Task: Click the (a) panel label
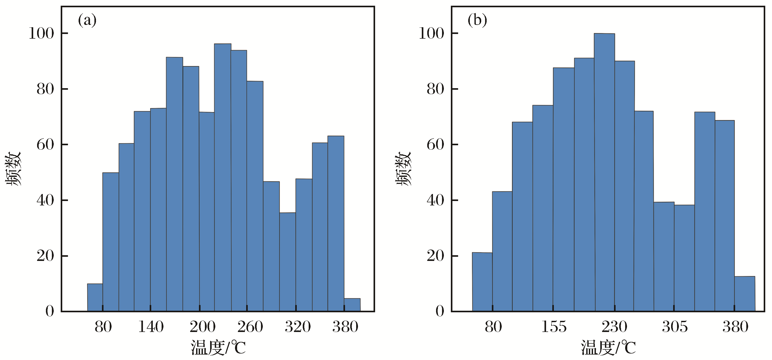(x=87, y=21)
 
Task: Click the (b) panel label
(x=477, y=21)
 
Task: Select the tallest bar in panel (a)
(x=223, y=177)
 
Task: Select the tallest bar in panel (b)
(x=604, y=172)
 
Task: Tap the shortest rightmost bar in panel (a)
(x=352, y=304)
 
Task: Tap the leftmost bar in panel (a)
(x=95, y=297)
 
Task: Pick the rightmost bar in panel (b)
(x=745, y=294)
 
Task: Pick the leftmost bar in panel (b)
(x=482, y=282)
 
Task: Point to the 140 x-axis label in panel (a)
(x=151, y=327)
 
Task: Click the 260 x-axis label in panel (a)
(x=250, y=327)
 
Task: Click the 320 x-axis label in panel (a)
(x=298, y=327)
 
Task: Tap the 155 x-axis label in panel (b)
(x=554, y=327)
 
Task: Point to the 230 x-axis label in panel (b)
(x=614, y=327)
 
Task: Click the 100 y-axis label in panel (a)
(x=41, y=33)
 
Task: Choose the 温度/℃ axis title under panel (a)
(x=218, y=348)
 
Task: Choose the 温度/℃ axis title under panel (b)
(x=608, y=348)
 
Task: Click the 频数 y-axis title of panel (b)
(x=403, y=169)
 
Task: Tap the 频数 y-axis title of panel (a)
(x=13, y=169)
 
